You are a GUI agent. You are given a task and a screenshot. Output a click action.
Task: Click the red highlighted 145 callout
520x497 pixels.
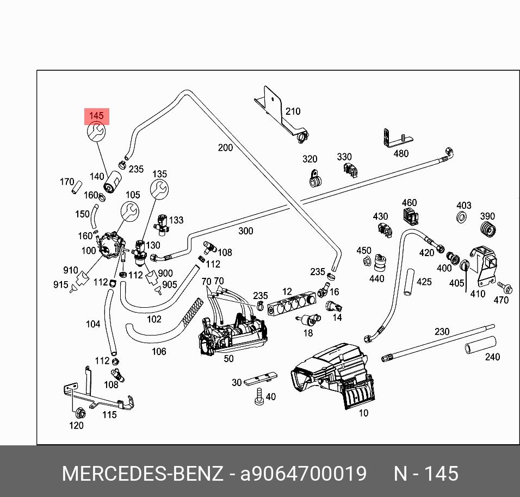click(x=96, y=116)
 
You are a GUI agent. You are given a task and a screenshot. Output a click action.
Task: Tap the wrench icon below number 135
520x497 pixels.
click(x=159, y=189)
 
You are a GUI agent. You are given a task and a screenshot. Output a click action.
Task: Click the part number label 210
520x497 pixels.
click(x=293, y=111)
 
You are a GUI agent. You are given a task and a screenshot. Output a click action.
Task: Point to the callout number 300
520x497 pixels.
click(x=245, y=231)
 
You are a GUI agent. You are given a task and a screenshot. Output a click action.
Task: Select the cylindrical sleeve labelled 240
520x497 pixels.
click(x=480, y=345)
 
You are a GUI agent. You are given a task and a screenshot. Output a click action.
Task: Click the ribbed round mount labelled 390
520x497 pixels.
click(x=488, y=231)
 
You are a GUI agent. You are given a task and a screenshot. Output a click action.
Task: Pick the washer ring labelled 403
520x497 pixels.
click(x=462, y=219)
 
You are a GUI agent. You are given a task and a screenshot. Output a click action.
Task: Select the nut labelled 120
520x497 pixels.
click(x=80, y=412)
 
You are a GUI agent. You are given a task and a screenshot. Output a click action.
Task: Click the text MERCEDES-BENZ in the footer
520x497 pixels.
click(x=143, y=474)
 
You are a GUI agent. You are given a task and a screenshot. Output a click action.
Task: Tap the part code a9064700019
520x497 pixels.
click(x=304, y=474)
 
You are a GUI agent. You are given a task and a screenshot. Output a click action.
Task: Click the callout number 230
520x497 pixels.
click(x=442, y=332)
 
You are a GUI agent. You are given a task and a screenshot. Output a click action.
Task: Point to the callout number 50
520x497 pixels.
click(x=228, y=358)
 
